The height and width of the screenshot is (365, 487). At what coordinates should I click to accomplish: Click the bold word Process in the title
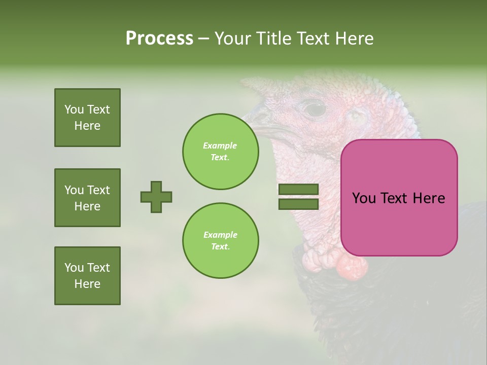(159, 39)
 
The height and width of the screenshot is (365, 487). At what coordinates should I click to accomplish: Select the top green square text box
(87, 118)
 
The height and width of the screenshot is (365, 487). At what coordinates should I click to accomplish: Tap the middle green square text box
(87, 198)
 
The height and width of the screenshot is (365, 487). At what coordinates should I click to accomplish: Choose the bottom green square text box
(87, 276)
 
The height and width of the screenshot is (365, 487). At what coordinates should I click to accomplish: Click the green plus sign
(156, 197)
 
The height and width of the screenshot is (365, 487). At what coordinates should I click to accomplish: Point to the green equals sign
(298, 197)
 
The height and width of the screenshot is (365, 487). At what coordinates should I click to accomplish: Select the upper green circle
(221, 152)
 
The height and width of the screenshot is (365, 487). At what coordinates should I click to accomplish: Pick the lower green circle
(221, 241)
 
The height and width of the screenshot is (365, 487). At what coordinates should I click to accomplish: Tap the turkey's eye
(315, 108)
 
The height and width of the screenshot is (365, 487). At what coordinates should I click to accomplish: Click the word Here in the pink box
(429, 198)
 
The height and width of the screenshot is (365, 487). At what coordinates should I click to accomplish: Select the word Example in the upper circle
(220, 145)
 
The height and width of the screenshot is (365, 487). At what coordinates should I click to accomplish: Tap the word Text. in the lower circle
(220, 247)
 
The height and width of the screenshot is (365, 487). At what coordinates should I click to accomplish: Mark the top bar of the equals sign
(298, 190)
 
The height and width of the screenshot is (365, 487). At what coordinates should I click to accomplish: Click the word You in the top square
(74, 109)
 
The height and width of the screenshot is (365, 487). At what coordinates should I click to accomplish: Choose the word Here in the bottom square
(87, 284)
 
